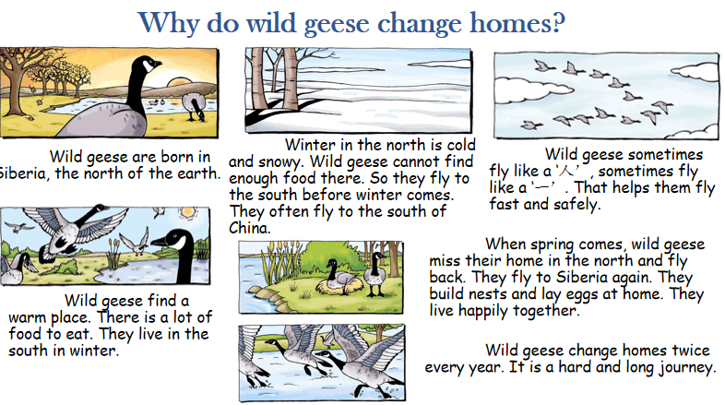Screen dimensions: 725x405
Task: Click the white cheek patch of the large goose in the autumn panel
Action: pyautogui.click(x=149, y=66)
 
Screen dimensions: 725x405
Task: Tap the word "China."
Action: pyautogui.click(x=250, y=228)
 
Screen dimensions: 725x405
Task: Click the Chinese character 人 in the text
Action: pyautogui.click(x=567, y=172)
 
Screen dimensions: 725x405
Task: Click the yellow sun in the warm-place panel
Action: pyautogui.click(x=188, y=213)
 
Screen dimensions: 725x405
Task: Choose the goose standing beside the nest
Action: pyautogui.click(x=376, y=274)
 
